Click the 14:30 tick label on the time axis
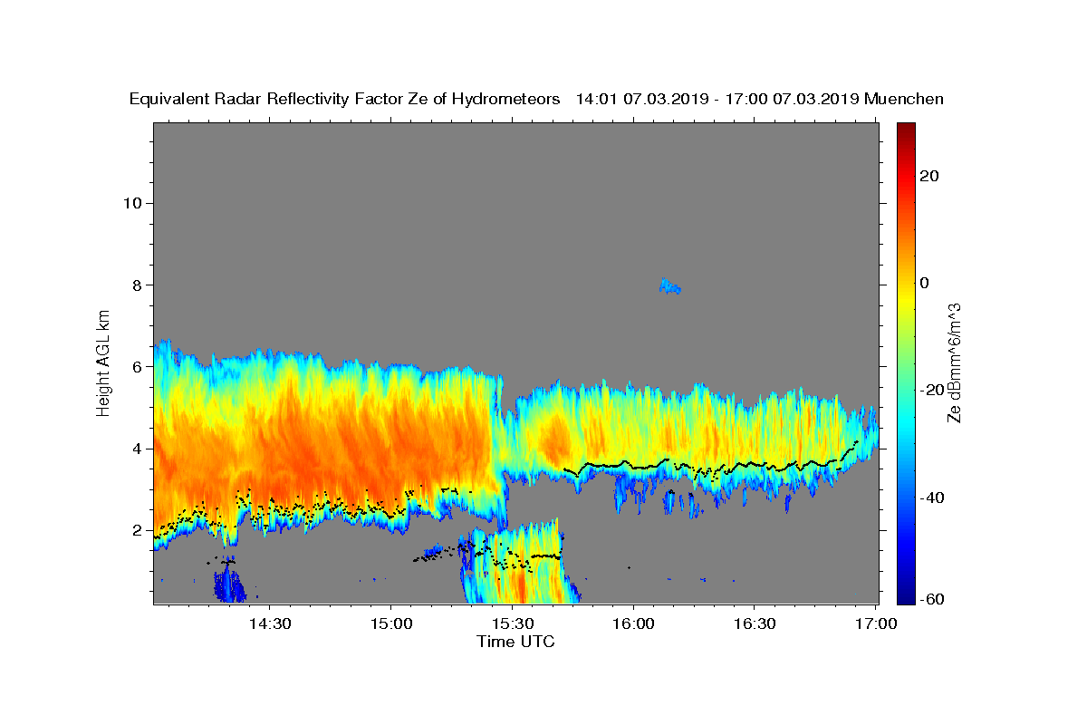click(270, 623)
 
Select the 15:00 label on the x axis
click(391, 623)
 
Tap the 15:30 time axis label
click(513, 623)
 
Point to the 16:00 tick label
click(633, 623)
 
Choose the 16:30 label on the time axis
click(754, 623)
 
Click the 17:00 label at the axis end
click(875, 623)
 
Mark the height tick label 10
click(132, 203)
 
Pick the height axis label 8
click(138, 285)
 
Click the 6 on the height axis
click(138, 367)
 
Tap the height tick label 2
click(138, 530)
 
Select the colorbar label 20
click(929, 176)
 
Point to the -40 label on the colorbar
click(932, 498)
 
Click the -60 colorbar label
click(932, 599)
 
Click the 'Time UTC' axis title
click(515, 642)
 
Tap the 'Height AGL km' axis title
click(103, 363)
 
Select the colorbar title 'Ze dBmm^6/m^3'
click(954, 363)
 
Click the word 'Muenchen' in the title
click(904, 99)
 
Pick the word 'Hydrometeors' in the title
click(506, 100)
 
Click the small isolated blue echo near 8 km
click(670, 286)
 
